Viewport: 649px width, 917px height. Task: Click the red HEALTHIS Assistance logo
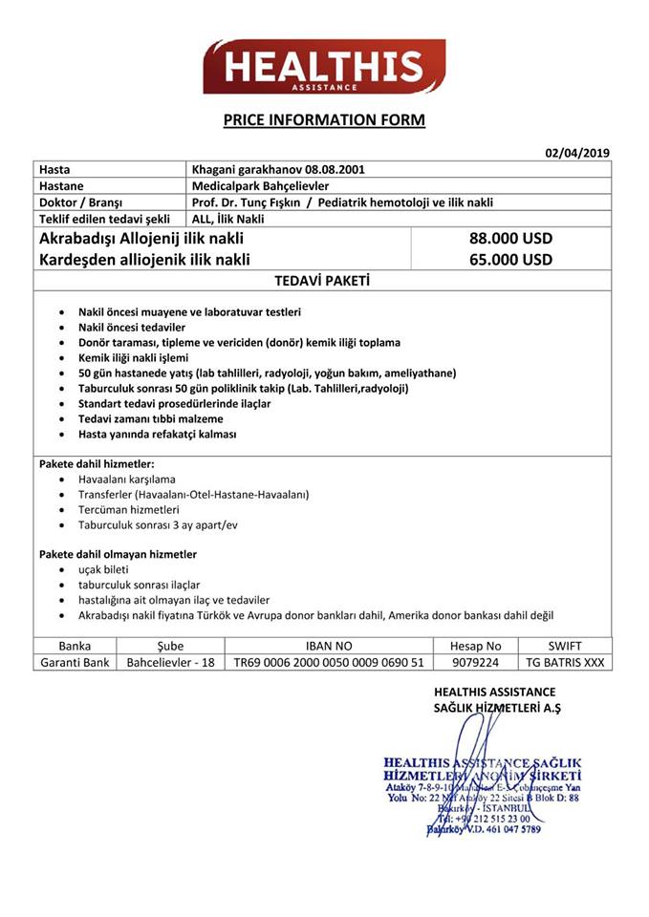[324, 67]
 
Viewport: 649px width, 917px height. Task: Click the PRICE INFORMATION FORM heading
[324, 120]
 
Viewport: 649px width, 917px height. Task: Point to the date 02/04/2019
[577, 153]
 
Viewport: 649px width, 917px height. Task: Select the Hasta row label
[54, 169]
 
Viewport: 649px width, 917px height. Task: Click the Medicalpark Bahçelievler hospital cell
[261, 185]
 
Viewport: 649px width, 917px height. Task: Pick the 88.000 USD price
[511, 238]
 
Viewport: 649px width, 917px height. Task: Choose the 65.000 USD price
[511, 259]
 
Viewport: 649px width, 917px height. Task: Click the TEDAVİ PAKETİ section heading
[322, 281]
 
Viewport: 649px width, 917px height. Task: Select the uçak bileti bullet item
[103, 569]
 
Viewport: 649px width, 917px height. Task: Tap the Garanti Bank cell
[75, 662]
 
